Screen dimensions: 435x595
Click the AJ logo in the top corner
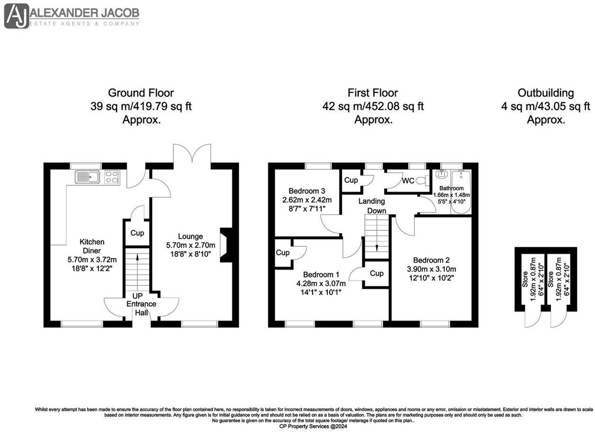(x=17, y=16)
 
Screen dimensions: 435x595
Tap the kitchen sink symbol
(x=87, y=177)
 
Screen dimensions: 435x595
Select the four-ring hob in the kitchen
(x=112, y=177)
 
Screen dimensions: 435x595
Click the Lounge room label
(x=190, y=236)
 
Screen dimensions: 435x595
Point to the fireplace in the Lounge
(x=226, y=244)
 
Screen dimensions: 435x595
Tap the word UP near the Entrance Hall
(x=137, y=296)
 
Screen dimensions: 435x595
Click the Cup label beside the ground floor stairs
(x=137, y=233)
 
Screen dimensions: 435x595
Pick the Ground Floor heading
(x=141, y=93)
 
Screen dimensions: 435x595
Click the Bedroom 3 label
(x=307, y=191)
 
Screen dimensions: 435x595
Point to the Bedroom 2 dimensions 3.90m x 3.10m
(x=431, y=269)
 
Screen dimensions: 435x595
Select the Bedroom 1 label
(x=321, y=274)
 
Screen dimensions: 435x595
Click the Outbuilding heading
(x=546, y=93)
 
